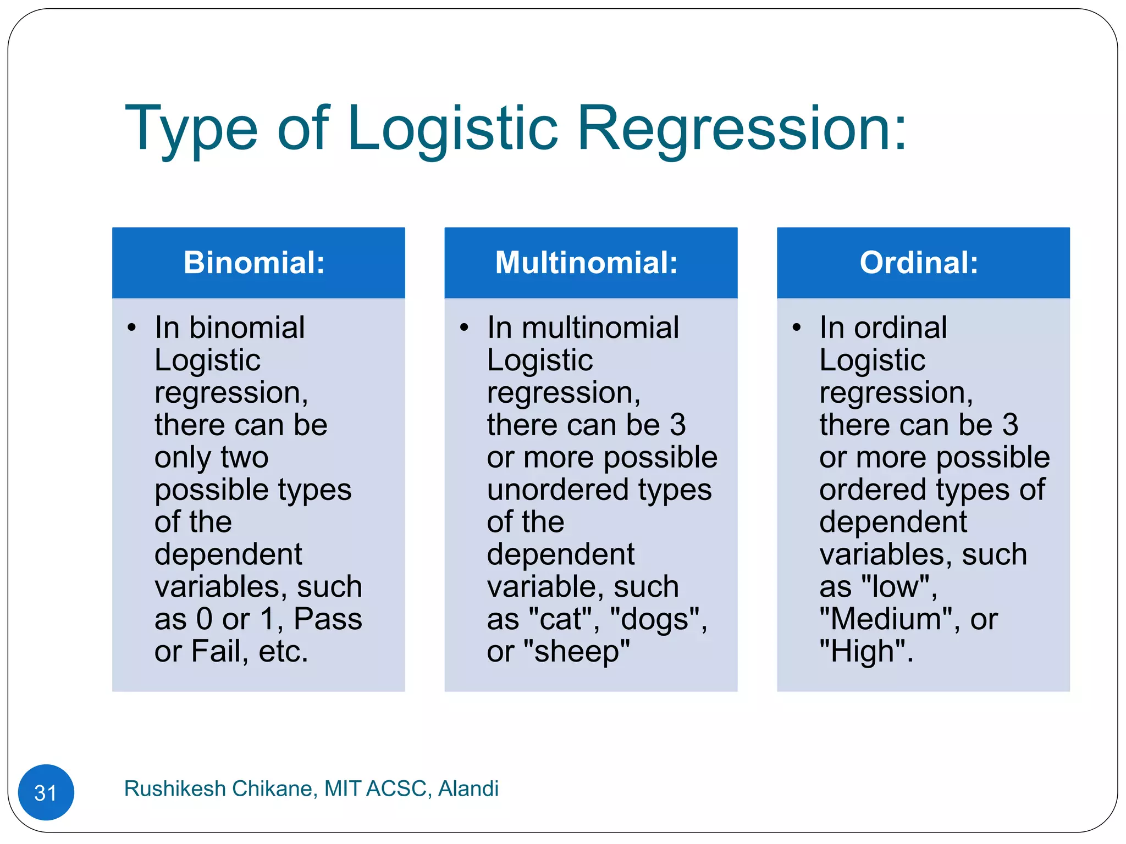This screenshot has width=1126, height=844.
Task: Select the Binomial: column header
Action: (254, 262)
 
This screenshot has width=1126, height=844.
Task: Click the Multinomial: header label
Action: (586, 262)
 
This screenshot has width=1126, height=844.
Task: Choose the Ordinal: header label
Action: (919, 262)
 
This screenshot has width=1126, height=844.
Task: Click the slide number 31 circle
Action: (46, 792)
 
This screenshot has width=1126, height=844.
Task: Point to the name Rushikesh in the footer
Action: (175, 789)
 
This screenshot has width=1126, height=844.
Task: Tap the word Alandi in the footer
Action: (468, 789)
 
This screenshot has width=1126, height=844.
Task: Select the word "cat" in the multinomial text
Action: (564, 619)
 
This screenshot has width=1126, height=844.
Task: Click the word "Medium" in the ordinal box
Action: (889, 619)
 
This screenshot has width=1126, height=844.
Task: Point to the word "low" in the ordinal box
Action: (896, 587)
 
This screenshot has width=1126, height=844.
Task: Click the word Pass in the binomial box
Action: (328, 619)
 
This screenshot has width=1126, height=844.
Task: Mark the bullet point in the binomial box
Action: (131, 328)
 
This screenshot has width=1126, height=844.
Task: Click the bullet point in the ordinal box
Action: (797, 328)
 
